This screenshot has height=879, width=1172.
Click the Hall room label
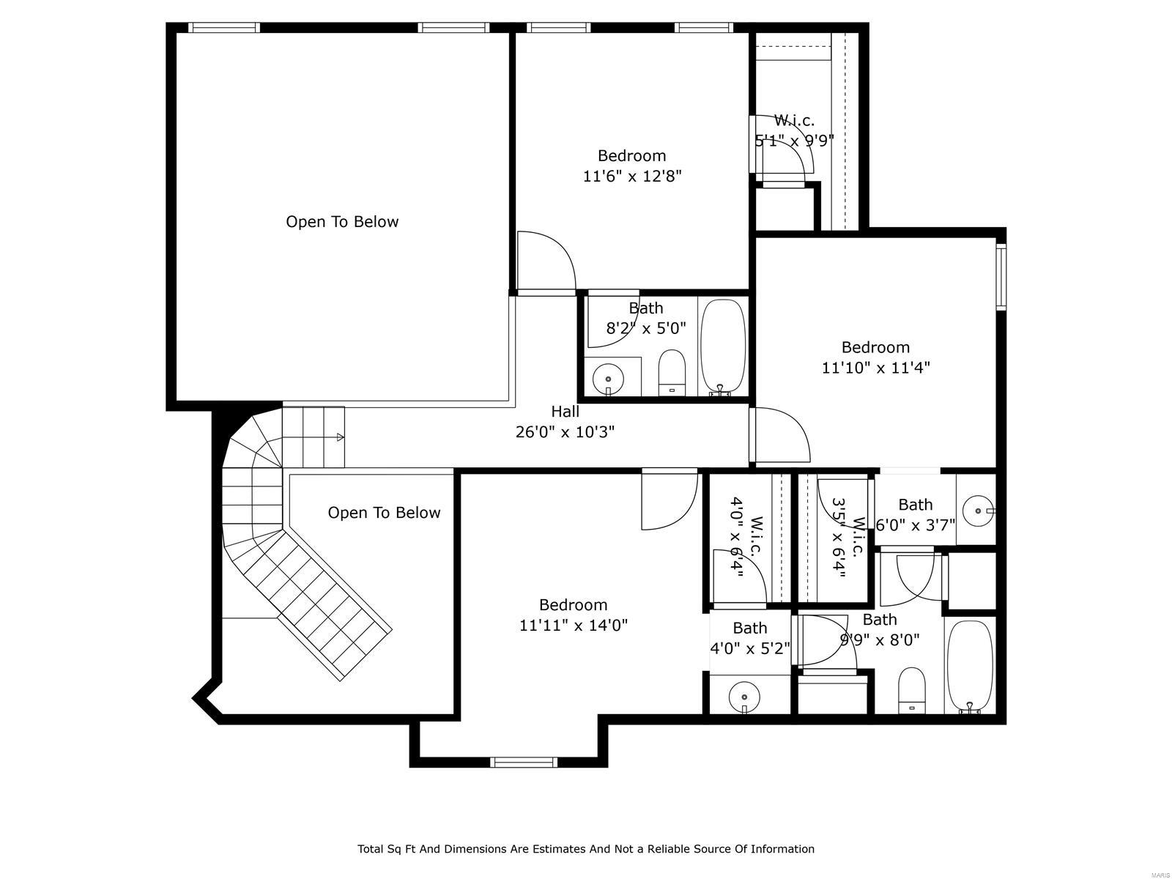pyautogui.click(x=565, y=412)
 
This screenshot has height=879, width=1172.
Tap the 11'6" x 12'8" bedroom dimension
pyautogui.click(x=632, y=176)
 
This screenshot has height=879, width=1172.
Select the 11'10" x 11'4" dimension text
pyautogui.click(x=875, y=368)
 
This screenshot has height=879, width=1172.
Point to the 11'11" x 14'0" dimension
pyautogui.click(x=574, y=625)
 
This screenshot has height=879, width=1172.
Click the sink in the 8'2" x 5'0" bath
pyautogui.click(x=608, y=379)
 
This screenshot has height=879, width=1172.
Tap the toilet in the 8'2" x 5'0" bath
pyautogui.click(x=672, y=373)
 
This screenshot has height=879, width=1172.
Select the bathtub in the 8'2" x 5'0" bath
pyautogui.click(x=722, y=347)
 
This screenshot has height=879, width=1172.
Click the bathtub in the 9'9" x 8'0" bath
pyautogui.click(x=970, y=667)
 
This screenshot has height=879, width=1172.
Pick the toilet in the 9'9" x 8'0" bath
pyautogui.click(x=911, y=689)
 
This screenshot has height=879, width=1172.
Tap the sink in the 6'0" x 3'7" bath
pyautogui.click(x=979, y=511)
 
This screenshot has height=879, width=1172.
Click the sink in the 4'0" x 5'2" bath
pyautogui.click(x=744, y=696)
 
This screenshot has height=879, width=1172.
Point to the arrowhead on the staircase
pyautogui.click(x=340, y=437)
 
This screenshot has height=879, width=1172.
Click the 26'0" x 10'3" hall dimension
pyautogui.click(x=565, y=431)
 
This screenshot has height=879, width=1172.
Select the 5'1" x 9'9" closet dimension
pyautogui.click(x=794, y=141)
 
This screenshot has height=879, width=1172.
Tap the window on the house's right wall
pyautogui.click(x=1001, y=277)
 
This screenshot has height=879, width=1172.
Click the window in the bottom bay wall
pyautogui.click(x=524, y=762)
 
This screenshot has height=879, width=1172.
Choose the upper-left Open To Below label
pyautogui.click(x=342, y=222)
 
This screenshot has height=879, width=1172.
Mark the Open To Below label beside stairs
pyautogui.click(x=384, y=513)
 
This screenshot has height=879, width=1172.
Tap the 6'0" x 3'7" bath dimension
pyautogui.click(x=915, y=525)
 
